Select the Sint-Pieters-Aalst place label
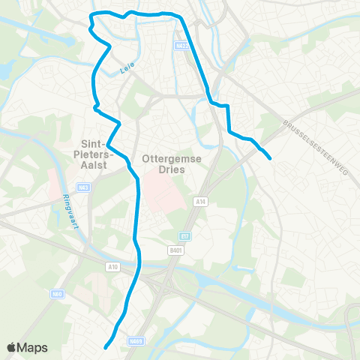(x=95, y=148)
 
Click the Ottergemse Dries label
(x=167, y=163)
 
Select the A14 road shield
(x=200, y=201)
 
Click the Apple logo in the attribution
(x=12, y=347)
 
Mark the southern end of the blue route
(x=106, y=347)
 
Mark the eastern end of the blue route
(x=270, y=157)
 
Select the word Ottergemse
(x=167, y=158)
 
